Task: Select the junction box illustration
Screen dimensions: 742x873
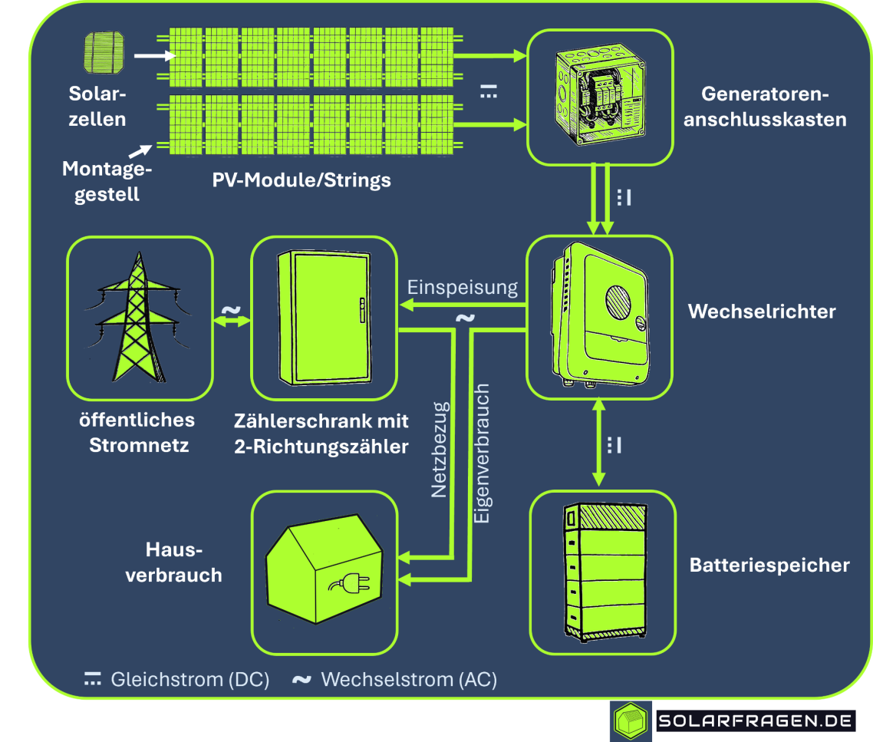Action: (600, 96)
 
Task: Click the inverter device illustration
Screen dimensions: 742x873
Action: (599, 314)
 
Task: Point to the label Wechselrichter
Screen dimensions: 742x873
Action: (761, 312)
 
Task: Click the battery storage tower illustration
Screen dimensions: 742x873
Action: (603, 571)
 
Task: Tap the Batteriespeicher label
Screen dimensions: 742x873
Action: (769, 566)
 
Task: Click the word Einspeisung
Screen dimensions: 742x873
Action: (463, 289)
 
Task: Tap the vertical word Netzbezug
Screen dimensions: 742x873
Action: (439, 450)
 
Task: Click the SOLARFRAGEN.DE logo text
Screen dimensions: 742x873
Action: (756, 721)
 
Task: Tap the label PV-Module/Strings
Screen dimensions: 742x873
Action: (301, 180)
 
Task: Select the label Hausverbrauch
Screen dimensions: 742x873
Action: (173, 562)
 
